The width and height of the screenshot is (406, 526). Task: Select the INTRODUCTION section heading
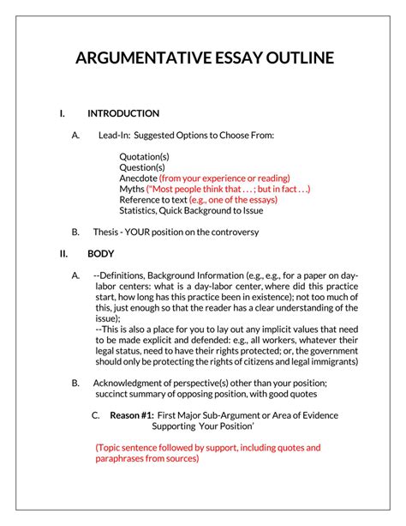click(x=123, y=113)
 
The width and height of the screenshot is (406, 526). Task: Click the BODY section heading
click(x=102, y=254)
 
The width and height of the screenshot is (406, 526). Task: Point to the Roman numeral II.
click(x=63, y=254)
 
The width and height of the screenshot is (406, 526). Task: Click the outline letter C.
click(x=95, y=415)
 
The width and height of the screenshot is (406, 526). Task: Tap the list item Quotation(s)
click(x=145, y=156)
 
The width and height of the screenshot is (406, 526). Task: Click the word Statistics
click(x=141, y=210)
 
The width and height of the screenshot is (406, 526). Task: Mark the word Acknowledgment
click(x=133, y=383)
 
